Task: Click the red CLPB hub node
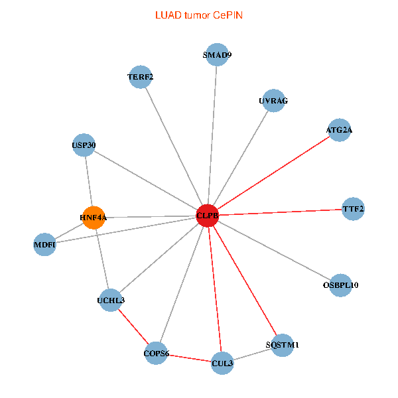pos(208,215)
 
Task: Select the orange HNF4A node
pos(94,217)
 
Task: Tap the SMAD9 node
pos(218,55)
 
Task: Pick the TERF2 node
pos(141,77)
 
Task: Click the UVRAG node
pos(273,101)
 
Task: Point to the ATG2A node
pos(339,130)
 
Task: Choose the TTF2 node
pos(353,209)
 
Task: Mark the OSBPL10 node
pos(340,285)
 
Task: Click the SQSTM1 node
pos(283,345)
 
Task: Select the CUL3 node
pos(223,363)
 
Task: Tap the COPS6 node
pos(157,354)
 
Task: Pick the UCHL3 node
pos(111,300)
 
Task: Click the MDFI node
pos(45,245)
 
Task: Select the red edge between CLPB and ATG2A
pos(273,172)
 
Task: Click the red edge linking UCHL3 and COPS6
pos(134,327)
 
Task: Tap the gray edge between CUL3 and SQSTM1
pos(253,354)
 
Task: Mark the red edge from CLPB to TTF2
pos(280,212)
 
